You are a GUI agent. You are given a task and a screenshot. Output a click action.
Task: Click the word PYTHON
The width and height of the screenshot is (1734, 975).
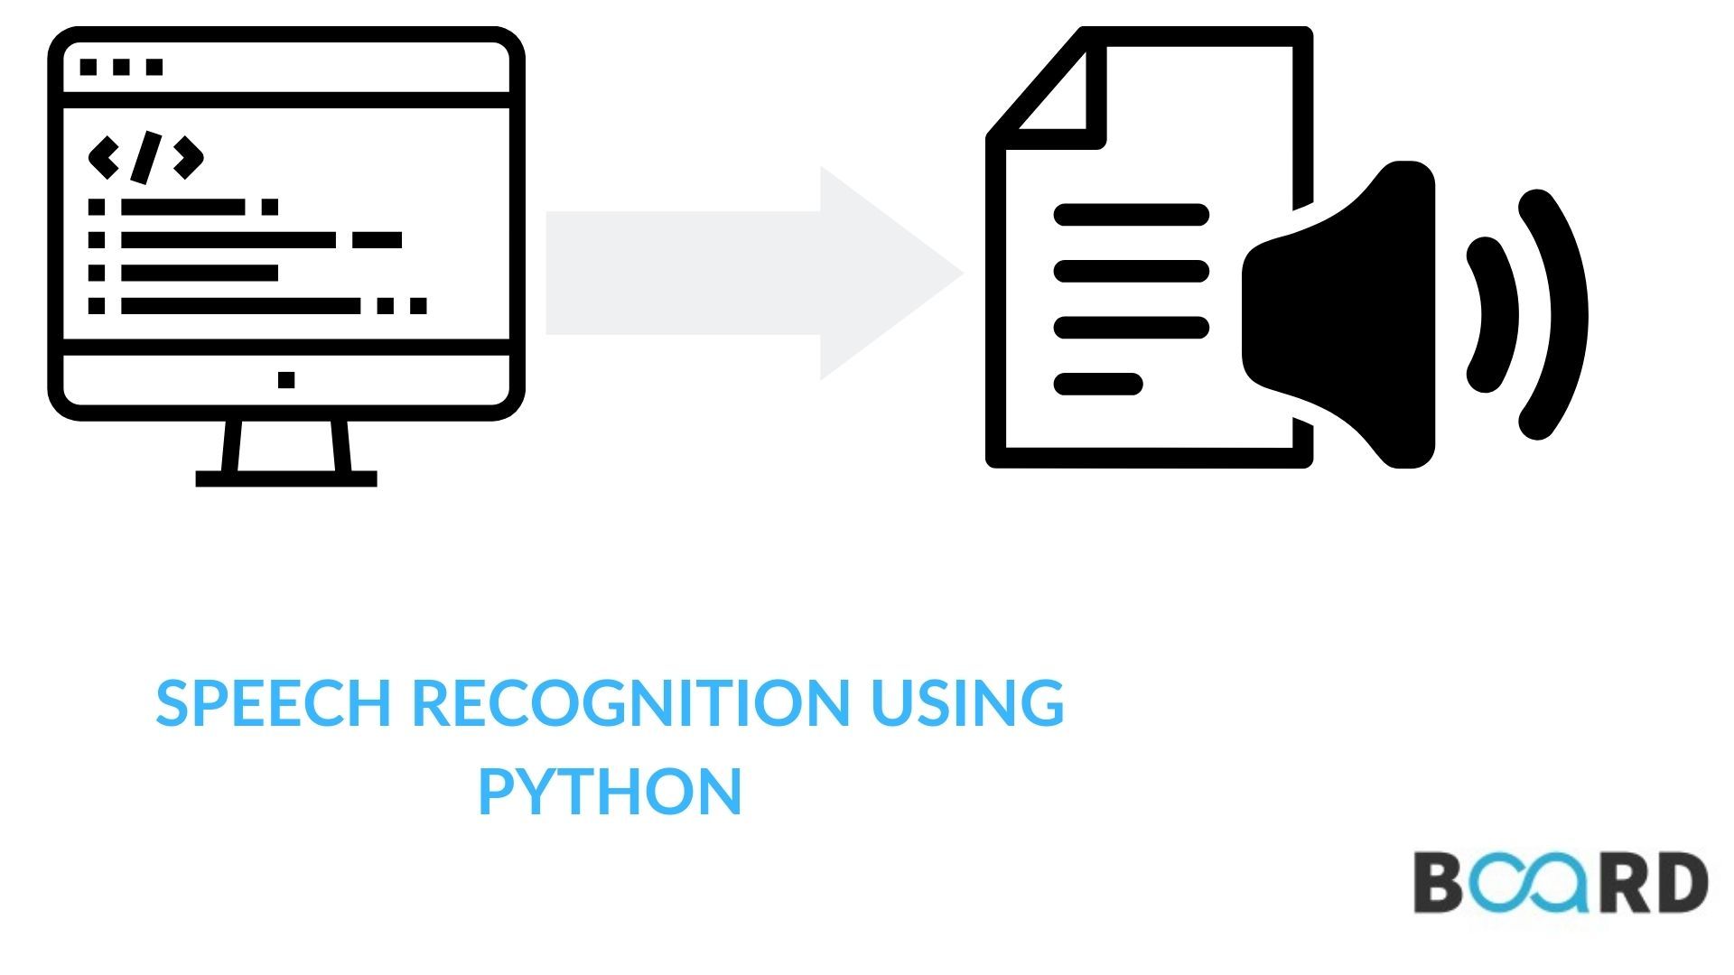610,792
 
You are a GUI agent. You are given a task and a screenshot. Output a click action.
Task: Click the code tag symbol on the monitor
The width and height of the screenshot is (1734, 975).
145,157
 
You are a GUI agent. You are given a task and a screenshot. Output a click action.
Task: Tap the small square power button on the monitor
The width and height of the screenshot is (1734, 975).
286,380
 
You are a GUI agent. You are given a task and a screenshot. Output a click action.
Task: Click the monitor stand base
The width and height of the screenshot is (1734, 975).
286,478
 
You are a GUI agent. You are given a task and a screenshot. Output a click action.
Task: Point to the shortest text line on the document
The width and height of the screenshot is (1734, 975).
1098,384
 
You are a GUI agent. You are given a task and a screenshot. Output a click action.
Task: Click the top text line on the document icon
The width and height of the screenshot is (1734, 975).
1131,215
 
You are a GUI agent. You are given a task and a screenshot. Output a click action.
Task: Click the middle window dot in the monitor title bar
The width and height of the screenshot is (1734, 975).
121,67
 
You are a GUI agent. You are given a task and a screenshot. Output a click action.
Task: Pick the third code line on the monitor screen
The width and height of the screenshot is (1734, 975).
199,273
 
